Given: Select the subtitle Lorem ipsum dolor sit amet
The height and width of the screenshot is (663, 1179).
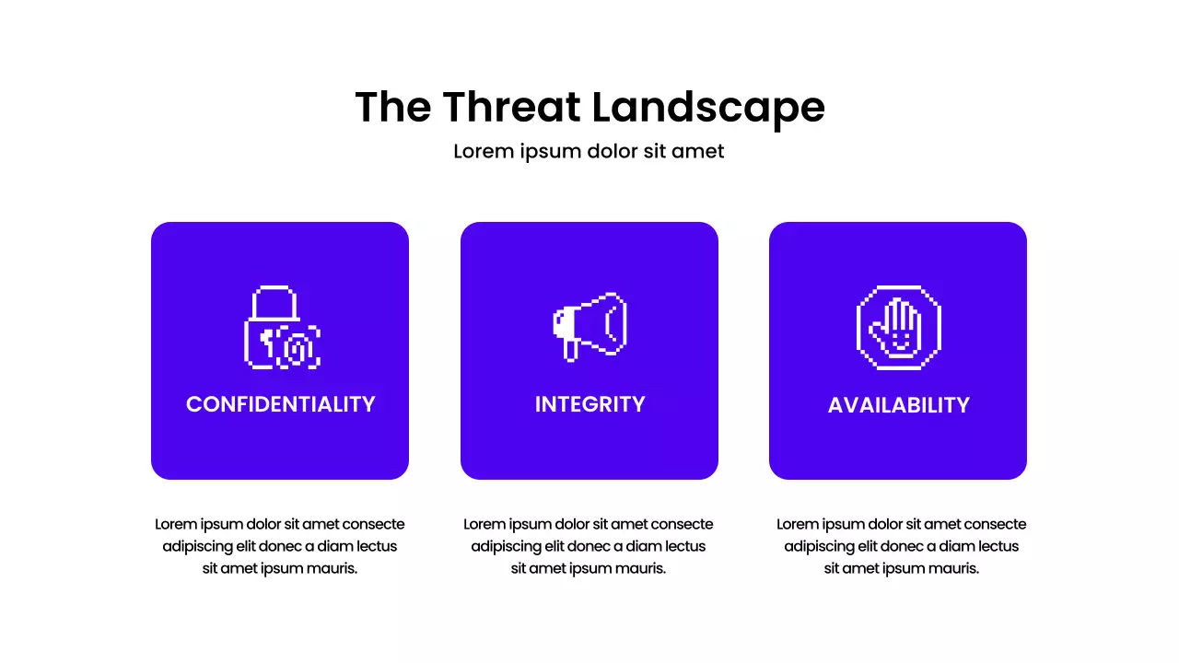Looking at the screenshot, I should (589, 151).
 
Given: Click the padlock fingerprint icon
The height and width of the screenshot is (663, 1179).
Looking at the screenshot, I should (282, 329).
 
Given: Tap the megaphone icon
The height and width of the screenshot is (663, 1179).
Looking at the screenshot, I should (589, 326).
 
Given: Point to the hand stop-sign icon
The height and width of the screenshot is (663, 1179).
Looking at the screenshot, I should (899, 328).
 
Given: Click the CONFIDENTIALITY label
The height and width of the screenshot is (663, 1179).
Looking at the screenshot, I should (281, 404).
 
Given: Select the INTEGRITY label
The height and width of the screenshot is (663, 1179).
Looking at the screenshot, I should (589, 404).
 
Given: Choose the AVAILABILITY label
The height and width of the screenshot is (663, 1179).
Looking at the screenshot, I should (899, 405).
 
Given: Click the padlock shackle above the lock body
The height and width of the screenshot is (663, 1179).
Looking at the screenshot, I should (273, 301).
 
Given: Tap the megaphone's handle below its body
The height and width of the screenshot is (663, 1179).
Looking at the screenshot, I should (571, 350).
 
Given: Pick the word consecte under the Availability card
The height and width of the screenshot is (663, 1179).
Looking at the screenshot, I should (990, 524).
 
